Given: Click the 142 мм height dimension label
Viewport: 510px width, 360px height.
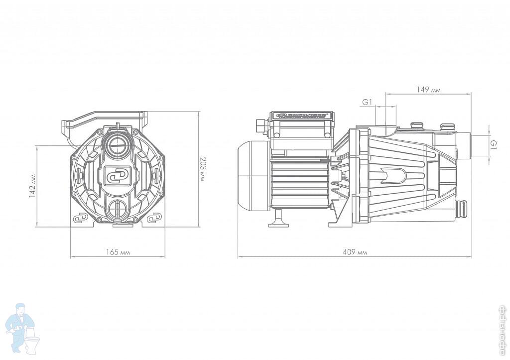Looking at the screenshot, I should (x=32, y=186).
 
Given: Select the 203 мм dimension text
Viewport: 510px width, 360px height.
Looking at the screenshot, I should (x=201, y=169).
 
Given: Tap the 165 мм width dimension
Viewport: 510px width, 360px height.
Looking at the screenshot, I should (x=118, y=252).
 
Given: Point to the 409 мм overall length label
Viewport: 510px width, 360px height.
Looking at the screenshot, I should (x=355, y=252).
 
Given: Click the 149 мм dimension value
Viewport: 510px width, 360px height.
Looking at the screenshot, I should (x=428, y=90).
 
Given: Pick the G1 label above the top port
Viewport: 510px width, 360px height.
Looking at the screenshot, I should (x=367, y=102).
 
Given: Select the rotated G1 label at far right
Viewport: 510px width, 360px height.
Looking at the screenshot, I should (x=493, y=145).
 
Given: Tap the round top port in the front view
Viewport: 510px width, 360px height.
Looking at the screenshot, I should (x=118, y=145).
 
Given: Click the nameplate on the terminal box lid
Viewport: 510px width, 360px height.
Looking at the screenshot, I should (x=301, y=116).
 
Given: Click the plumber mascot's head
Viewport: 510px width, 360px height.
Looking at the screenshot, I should (x=21, y=309).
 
